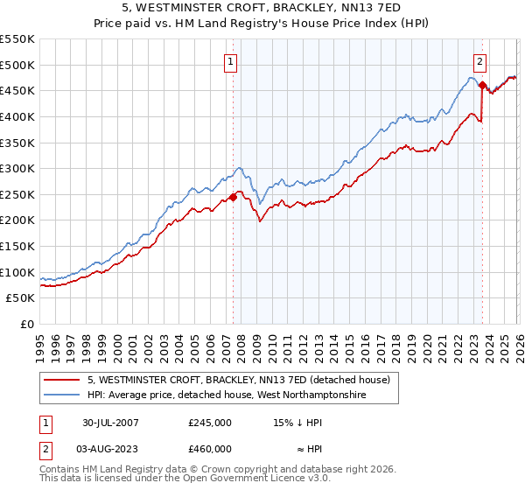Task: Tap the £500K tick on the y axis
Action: (17, 65)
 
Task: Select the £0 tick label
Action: (28, 325)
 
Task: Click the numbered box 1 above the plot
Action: (231, 61)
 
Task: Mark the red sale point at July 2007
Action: (234, 197)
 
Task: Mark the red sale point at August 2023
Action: (482, 85)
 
